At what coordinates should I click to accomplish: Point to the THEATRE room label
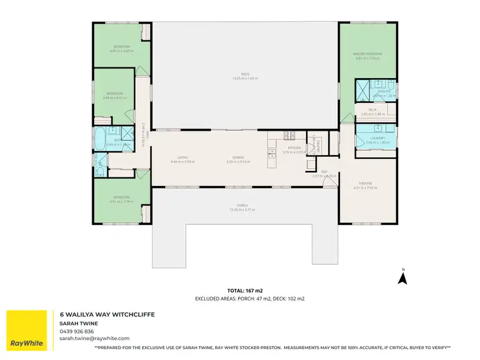coord(367,184)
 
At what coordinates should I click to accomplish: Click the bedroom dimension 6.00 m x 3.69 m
coord(122,51)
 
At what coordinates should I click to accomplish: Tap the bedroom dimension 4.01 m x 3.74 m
coord(121,201)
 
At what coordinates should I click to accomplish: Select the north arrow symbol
coord(403,277)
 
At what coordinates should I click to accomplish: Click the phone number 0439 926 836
coord(77,331)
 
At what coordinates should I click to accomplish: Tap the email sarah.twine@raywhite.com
coord(95,338)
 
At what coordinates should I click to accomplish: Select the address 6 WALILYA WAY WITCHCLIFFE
coord(107,315)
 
